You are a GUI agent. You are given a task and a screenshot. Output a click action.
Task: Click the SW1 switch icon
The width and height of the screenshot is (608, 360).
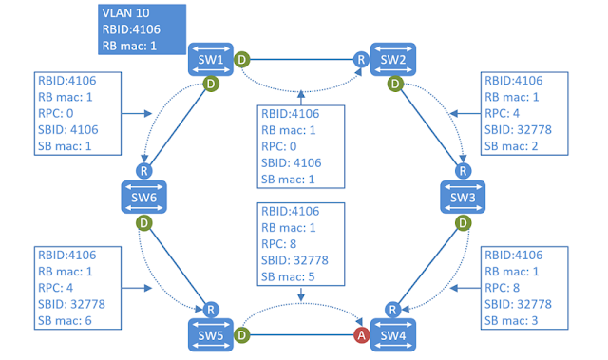(211, 59)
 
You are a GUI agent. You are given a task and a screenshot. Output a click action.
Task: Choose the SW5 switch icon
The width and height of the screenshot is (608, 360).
(211, 334)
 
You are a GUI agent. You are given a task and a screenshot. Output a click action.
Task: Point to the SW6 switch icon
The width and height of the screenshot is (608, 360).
(143, 197)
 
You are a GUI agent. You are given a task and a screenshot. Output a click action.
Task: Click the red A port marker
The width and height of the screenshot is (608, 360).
(362, 334)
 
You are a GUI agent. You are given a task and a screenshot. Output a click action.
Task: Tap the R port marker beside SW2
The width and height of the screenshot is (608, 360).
(361, 60)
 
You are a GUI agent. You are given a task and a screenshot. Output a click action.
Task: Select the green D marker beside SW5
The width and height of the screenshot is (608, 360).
(242, 334)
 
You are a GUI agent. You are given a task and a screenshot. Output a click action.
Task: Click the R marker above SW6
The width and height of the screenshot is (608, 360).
(143, 170)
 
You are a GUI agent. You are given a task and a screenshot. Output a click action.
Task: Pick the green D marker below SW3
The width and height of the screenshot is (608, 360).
(464, 224)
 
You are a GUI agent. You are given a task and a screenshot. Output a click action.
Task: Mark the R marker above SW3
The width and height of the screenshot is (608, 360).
(464, 170)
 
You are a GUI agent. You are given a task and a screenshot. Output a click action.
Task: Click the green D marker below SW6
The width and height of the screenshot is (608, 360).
(143, 224)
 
